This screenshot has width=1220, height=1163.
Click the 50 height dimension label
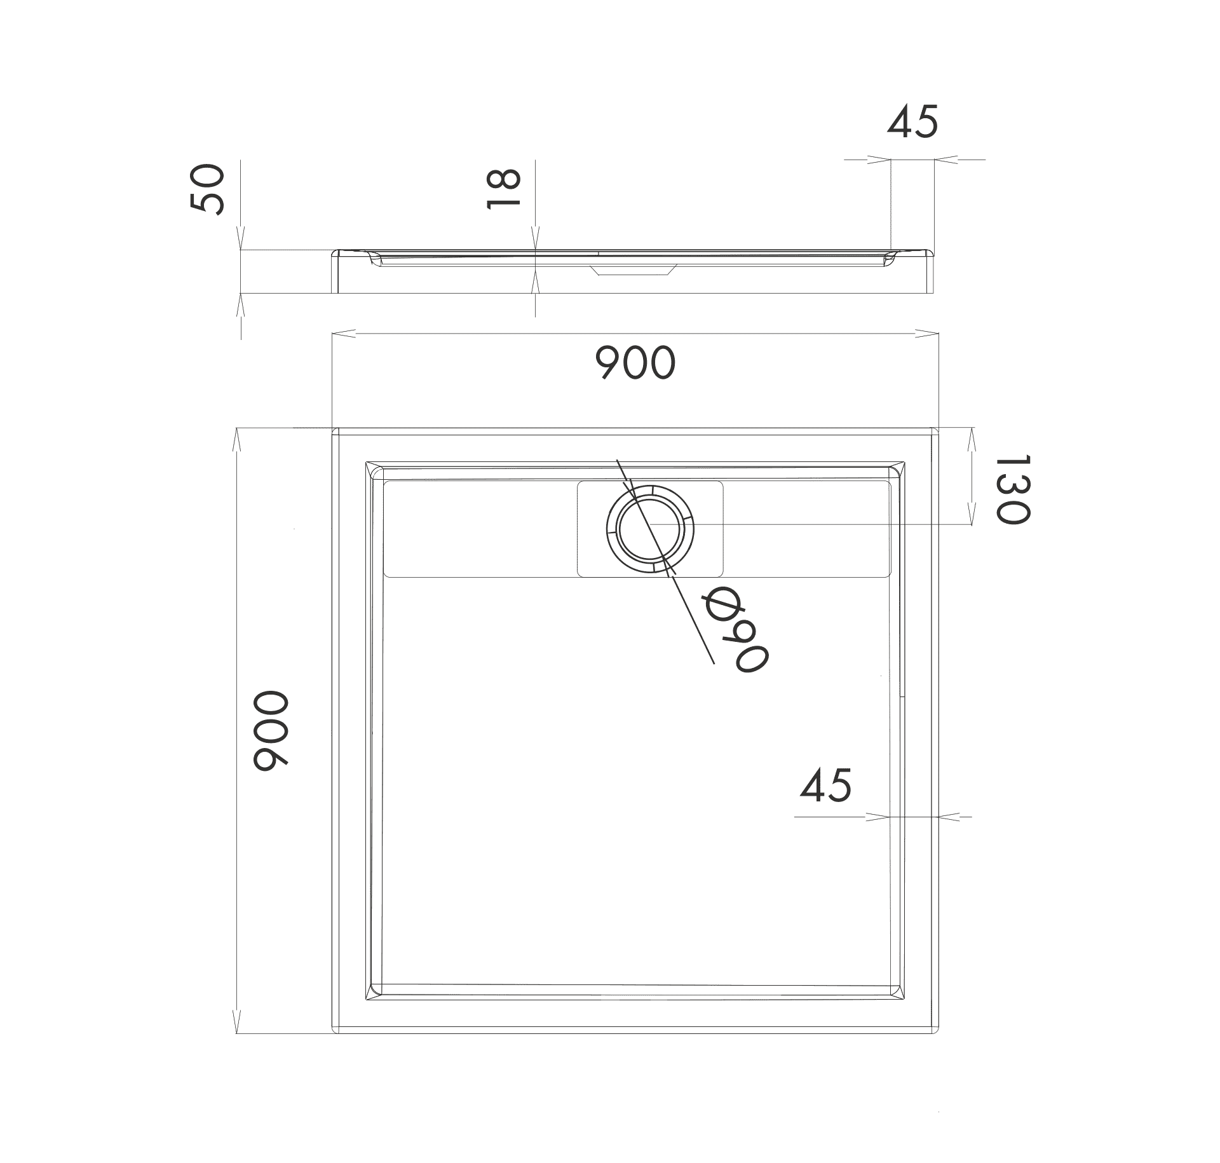click(207, 189)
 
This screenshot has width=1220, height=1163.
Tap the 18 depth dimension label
click(503, 189)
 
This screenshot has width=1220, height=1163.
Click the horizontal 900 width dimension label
click(635, 363)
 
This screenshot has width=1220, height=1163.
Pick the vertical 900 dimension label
click(271, 731)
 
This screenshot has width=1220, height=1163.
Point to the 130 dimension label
click(1010, 489)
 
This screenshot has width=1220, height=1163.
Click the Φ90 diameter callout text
click(735, 629)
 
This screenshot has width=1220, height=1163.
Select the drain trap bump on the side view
click(632, 269)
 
